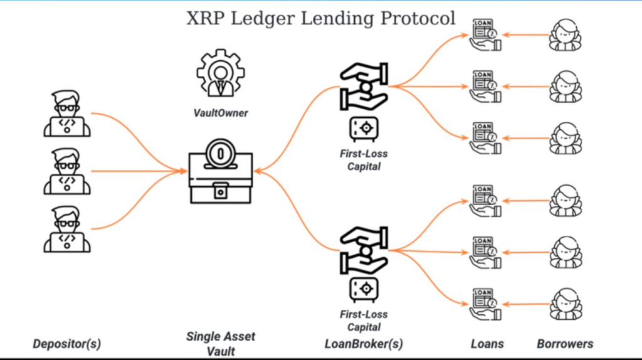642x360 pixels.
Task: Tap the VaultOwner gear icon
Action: coord(220,73)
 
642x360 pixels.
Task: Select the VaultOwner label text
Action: coord(220,114)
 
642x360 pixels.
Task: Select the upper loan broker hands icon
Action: coord(364,88)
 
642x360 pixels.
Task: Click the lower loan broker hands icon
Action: coord(364,251)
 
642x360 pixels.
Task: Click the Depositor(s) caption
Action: coord(66,344)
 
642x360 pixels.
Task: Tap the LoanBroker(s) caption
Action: coord(364,344)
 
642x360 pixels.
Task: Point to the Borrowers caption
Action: coord(565,344)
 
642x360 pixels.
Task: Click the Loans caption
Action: coord(487,344)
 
